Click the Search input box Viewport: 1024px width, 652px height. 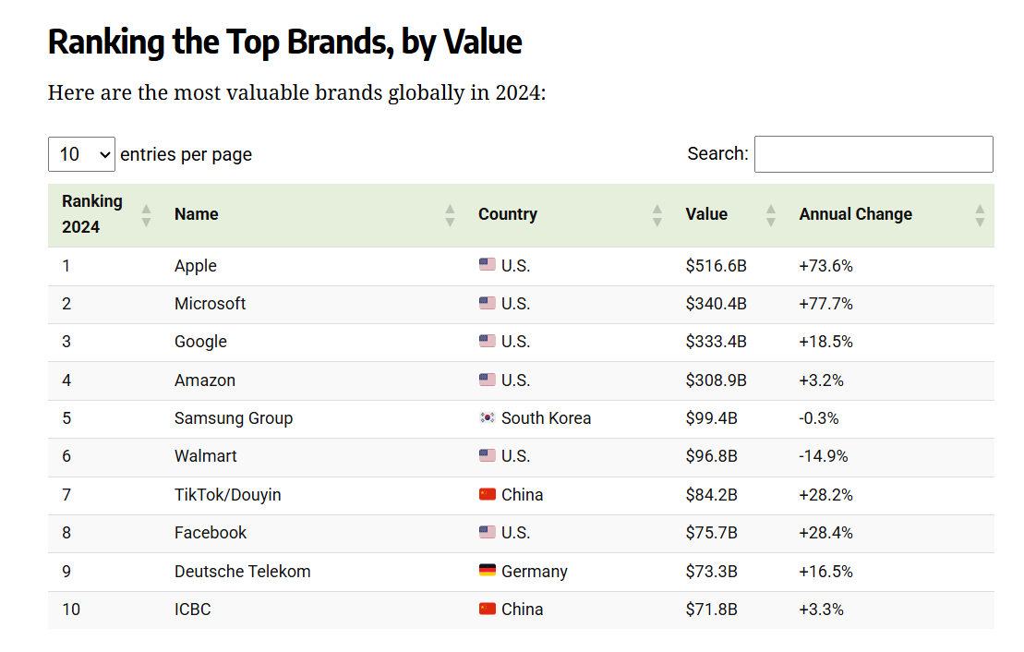873,154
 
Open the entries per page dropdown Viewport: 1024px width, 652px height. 81,154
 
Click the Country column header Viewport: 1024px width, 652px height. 508,214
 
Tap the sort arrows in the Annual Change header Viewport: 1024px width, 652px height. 980,215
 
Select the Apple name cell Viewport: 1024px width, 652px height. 196,266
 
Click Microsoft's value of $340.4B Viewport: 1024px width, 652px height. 716,304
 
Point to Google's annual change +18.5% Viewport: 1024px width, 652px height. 825,342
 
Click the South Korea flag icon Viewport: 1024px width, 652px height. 488,417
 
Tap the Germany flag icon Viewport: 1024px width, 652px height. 488,571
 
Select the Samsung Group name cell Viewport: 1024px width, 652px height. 234,418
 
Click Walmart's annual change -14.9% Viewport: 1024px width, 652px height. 823,456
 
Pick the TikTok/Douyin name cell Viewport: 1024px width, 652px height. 228,495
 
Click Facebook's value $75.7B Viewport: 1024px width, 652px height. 711,533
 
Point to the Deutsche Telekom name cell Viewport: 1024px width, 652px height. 243,572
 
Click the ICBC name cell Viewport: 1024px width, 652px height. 193,610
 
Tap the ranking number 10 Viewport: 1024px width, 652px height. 72,610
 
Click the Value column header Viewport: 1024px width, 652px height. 706,214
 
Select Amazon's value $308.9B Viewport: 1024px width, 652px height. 716,380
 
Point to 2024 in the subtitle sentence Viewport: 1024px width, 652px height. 515,93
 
